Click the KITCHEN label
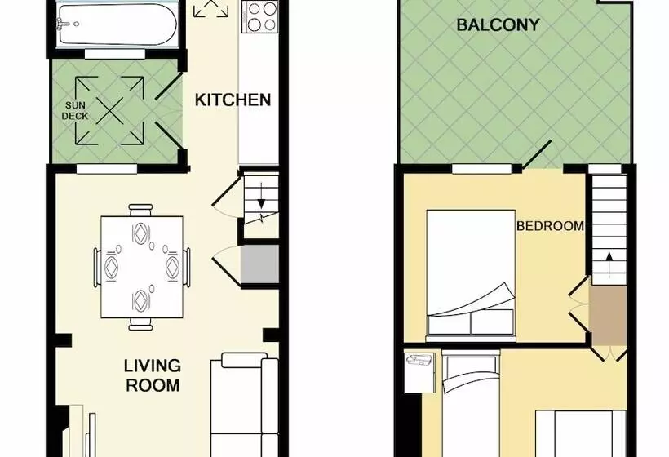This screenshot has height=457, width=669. click(233, 100)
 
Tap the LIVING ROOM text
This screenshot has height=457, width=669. click(153, 375)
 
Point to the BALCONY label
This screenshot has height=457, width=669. click(498, 24)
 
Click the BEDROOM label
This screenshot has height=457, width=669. click(550, 226)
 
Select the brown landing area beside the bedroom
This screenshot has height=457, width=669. click(607, 313)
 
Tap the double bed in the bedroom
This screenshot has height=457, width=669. click(472, 273)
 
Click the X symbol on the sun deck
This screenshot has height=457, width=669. click(109, 111)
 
